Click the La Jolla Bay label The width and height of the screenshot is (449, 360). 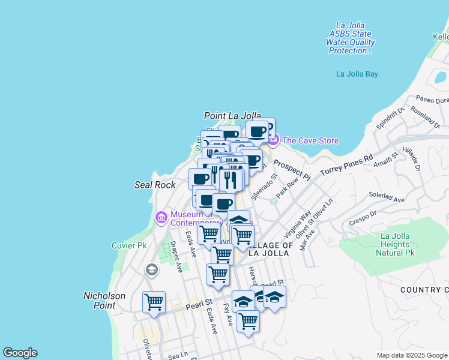pos(357,74)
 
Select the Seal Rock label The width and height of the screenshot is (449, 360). pos(155,185)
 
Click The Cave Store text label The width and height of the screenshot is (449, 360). pos(310,141)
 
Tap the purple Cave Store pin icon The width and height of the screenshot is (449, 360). pos(273,140)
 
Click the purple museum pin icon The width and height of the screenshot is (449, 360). pos(161,217)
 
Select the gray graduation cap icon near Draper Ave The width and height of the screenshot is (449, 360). pos(152,271)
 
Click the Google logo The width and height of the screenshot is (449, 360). pos(20,353)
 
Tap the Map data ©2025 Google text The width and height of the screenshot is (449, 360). pos(411,355)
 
